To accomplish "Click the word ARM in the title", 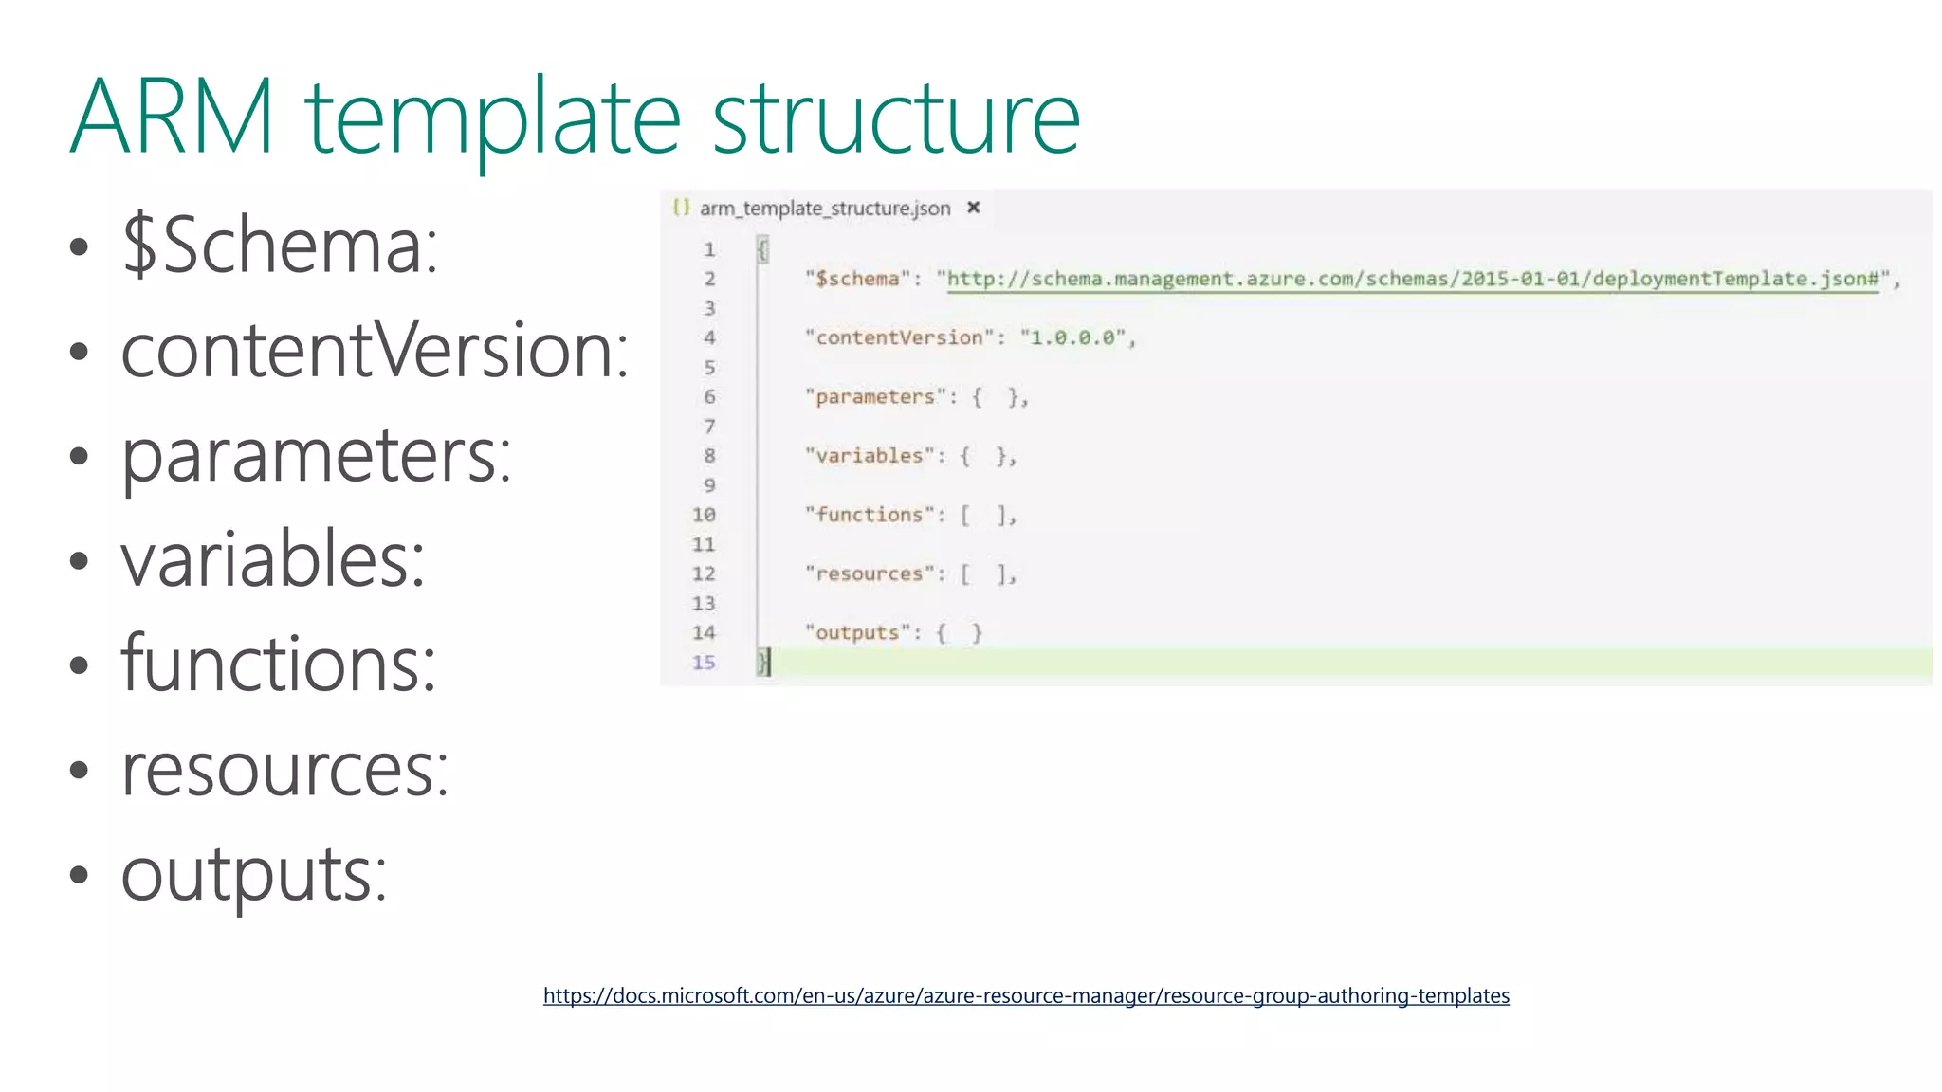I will click(x=172, y=118).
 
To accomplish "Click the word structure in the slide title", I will click(x=895, y=118).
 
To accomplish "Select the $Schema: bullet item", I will click(x=280, y=245).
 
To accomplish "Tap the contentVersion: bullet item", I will click(x=375, y=350).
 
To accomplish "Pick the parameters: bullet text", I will click(x=316, y=455).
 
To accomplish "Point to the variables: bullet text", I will click(x=273, y=559).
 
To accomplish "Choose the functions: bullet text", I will click(x=279, y=664).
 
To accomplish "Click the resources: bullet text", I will click(x=284, y=769).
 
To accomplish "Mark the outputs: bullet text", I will click(x=254, y=874).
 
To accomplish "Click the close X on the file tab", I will click(x=973, y=208).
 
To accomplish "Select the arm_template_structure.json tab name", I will click(x=824, y=209).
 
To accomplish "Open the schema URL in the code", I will click(x=1412, y=279).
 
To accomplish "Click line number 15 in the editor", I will click(x=704, y=663).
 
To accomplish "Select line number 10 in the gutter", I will click(x=704, y=515).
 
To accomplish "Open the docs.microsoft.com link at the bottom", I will click(x=1026, y=995).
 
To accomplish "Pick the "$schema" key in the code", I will click(x=857, y=279).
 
